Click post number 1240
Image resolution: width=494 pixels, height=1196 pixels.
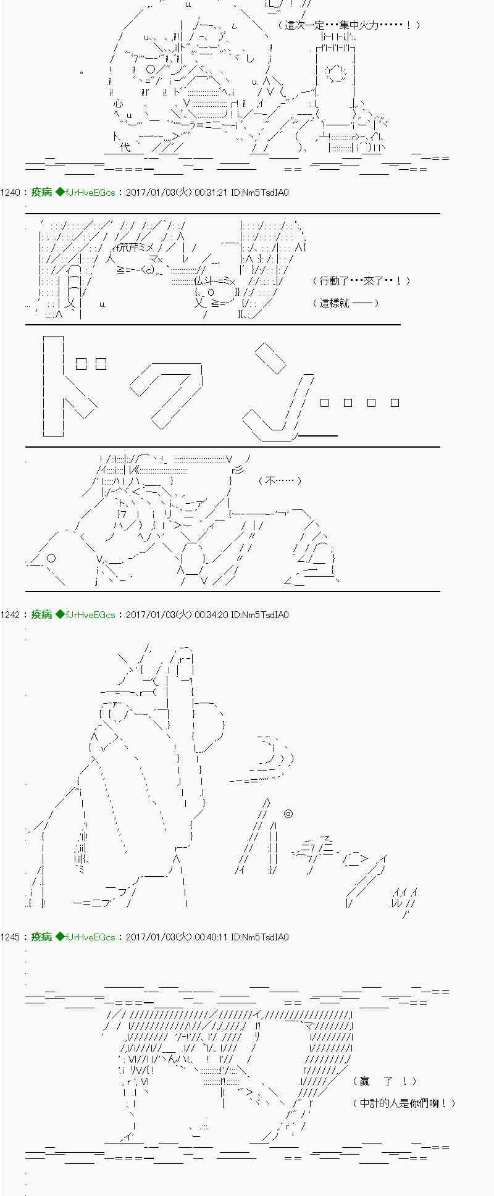pos(10,193)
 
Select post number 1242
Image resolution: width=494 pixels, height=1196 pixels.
pos(10,615)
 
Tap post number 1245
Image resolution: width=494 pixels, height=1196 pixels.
pos(10,937)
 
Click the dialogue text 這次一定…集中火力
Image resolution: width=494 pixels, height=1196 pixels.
pos(349,25)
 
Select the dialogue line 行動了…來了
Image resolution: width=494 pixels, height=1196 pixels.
pos(361,281)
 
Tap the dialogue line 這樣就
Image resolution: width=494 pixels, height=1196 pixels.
pos(346,303)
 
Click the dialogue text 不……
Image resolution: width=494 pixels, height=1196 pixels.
pos(280,480)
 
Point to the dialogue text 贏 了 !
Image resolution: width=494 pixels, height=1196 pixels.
pos(385,1081)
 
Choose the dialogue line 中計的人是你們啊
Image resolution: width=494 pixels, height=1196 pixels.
pos(404,1103)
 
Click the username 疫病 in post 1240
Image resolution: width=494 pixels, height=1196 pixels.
pos(41,193)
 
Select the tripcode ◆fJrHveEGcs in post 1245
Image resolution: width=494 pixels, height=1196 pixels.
pos(85,937)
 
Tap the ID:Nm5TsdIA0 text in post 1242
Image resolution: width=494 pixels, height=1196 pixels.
pos(259,615)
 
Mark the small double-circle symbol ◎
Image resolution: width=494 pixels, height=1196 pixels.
pos(288,814)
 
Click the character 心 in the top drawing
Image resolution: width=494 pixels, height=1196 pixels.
pos(119,104)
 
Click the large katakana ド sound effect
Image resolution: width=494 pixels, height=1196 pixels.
pos(71,386)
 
